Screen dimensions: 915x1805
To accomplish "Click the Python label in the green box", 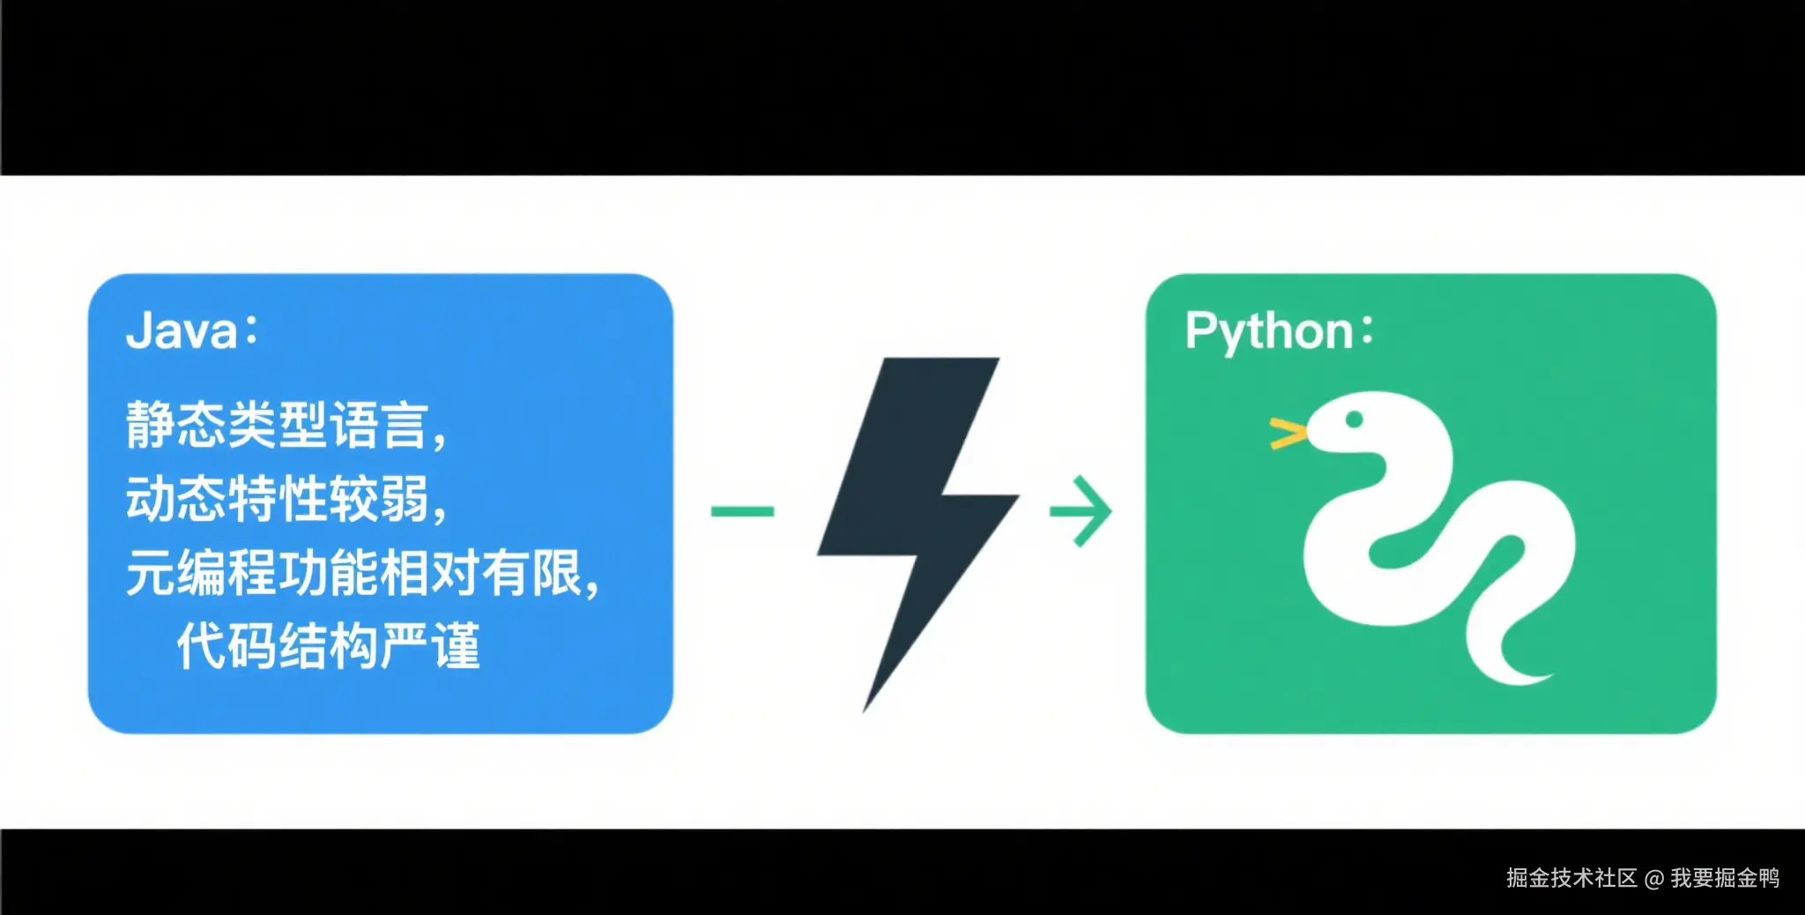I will click(x=1268, y=331).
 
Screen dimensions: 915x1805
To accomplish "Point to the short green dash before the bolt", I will click(x=742, y=511).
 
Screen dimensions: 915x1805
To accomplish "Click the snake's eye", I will click(x=1355, y=420).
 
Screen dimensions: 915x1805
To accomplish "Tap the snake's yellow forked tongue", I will click(x=1288, y=434).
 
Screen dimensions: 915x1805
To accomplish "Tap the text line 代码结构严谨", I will click(x=328, y=646).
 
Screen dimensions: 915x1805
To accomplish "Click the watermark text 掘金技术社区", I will click(x=1571, y=878).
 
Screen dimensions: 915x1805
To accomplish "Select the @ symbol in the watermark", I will click(x=1654, y=879).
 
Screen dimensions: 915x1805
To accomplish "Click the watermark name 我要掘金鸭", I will click(x=1725, y=878).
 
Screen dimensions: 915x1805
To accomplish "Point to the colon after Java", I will click(x=252, y=331).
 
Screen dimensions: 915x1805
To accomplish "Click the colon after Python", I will click(x=1367, y=331).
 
